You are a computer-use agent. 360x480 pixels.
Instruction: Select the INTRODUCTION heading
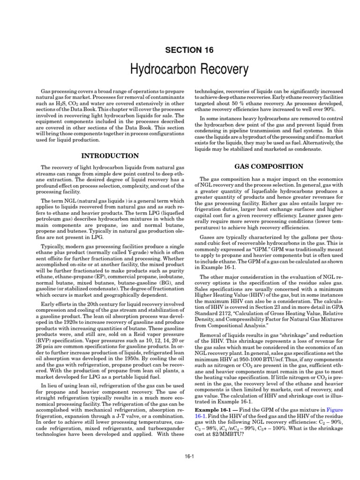coord(111,156)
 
